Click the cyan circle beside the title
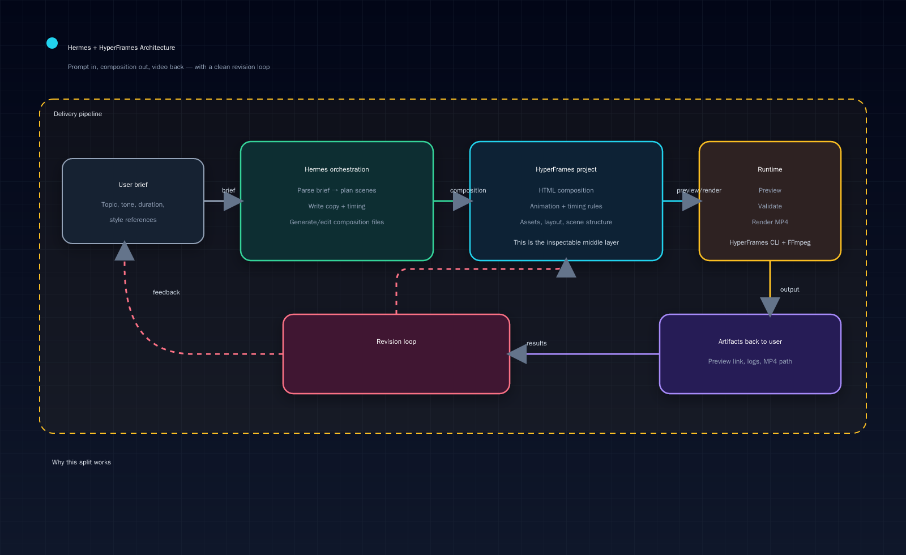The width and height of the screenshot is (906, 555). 52,43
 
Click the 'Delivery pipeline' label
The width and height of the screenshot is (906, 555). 78,114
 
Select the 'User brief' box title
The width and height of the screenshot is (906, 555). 133,185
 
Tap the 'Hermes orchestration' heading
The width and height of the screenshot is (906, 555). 336,169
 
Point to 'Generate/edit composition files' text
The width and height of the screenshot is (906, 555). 336,222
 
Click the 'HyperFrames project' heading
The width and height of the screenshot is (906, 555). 566,169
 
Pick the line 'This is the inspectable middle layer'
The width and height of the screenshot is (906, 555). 566,242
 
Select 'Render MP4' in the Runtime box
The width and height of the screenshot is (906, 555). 770,222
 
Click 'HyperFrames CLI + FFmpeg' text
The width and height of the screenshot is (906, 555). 770,242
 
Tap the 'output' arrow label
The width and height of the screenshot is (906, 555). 789,289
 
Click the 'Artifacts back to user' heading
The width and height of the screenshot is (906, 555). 750,341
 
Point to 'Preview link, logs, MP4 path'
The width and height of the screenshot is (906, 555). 750,361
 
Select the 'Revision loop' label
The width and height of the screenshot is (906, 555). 396,341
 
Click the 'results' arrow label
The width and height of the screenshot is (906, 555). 536,343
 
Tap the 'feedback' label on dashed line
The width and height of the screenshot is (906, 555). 166,292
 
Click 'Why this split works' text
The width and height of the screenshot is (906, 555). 82,462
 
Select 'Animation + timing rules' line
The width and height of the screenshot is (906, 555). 566,206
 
